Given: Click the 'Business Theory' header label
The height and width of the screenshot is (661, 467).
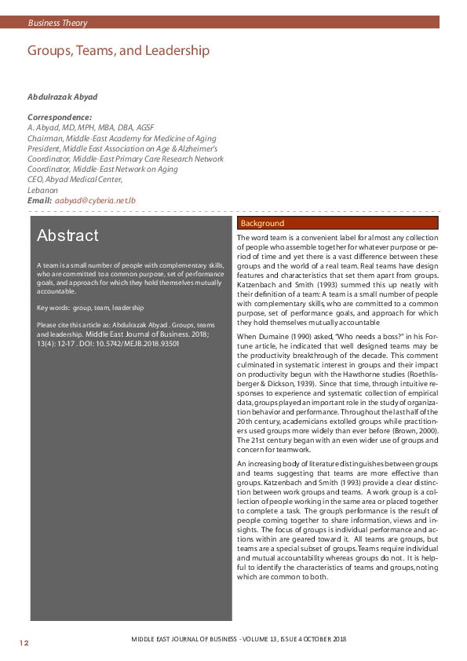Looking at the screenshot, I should [x=57, y=24].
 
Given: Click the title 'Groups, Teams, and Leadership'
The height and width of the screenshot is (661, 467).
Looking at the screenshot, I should [x=119, y=51].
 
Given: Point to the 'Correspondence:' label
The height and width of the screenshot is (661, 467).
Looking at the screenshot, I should [x=60, y=117].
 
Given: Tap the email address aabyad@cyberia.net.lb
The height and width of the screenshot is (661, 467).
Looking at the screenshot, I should [x=95, y=201].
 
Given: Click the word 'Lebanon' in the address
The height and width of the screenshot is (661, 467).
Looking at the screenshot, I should [x=42, y=190].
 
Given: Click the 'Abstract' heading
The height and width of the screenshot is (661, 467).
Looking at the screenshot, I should [x=67, y=236].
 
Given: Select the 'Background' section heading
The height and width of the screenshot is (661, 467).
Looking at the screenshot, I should [x=263, y=224].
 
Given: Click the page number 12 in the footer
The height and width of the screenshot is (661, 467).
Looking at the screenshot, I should [x=24, y=643].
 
